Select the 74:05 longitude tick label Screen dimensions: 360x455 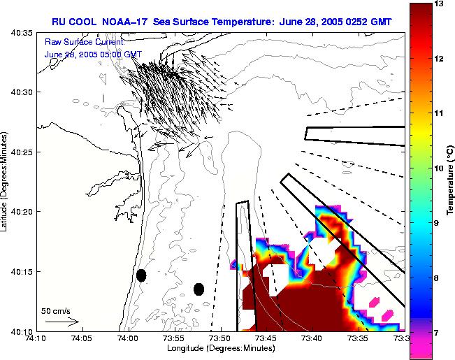click(x=82, y=339)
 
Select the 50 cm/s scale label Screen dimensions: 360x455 click(x=55, y=310)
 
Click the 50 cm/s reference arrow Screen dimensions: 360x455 click(x=62, y=322)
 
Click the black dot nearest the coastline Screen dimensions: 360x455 click(x=141, y=275)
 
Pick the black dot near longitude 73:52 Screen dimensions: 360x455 click(x=198, y=289)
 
